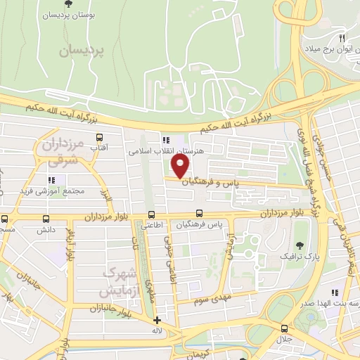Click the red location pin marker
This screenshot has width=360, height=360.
(x=181, y=166)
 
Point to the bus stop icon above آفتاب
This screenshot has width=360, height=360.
(x=99, y=138)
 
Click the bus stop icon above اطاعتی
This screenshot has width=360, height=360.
(x=151, y=215)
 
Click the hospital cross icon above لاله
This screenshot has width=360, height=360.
(x=157, y=321)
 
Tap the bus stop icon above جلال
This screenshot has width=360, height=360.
(x=284, y=329)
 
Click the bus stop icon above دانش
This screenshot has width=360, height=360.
(x=5, y=219)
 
